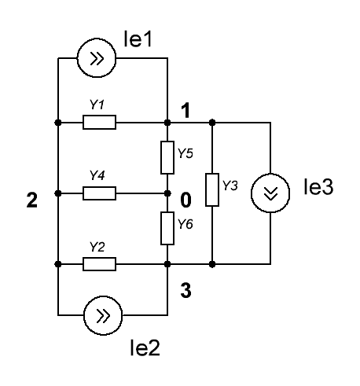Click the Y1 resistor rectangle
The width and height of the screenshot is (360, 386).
pyautogui.click(x=99, y=122)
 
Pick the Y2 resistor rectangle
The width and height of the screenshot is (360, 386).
pyautogui.click(x=99, y=264)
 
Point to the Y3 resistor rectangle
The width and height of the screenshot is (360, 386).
pyautogui.click(x=212, y=189)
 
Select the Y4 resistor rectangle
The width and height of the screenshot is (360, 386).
pyautogui.click(x=99, y=193)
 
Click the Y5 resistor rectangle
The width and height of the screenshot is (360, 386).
pyautogui.click(x=167, y=157)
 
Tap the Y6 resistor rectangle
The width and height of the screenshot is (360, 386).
pyautogui.click(x=167, y=228)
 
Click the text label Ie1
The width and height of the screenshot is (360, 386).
pyautogui.click(x=138, y=39)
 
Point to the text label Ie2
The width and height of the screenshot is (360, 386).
pyautogui.click(x=145, y=347)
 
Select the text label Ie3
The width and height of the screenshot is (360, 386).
pyautogui.click(x=318, y=187)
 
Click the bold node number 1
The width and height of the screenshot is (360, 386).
pyautogui.click(x=186, y=111)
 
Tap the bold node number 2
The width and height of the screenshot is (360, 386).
pyautogui.click(x=32, y=200)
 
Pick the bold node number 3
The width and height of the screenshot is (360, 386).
pyautogui.click(x=186, y=290)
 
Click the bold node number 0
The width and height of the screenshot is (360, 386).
pyautogui.click(x=186, y=200)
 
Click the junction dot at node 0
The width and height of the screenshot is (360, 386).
pyautogui.click(x=167, y=193)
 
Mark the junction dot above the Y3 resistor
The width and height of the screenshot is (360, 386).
pyautogui.click(x=212, y=122)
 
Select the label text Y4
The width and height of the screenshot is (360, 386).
pyautogui.click(x=97, y=175)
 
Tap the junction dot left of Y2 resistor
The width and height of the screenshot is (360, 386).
pyautogui.click(x=58, y=264)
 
